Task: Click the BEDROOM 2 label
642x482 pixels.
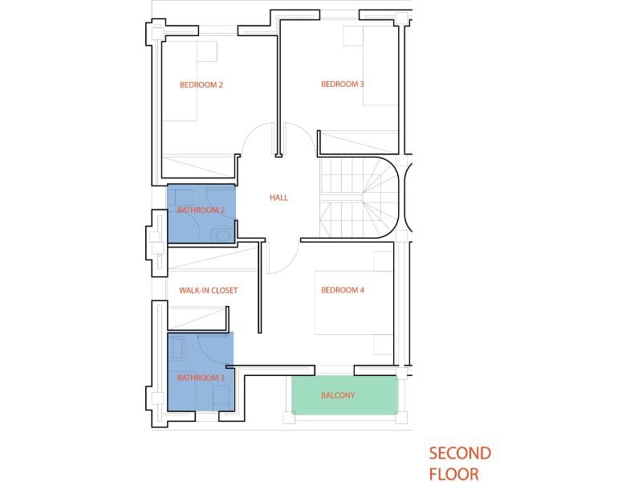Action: click(201, 84)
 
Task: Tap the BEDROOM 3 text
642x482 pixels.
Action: click(343, 84)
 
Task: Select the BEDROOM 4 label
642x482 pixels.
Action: click(343, 290)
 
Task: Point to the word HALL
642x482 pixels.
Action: click(278, 198)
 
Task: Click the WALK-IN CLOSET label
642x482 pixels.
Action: click(208, 290)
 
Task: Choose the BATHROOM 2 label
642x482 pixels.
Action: click(201, 210)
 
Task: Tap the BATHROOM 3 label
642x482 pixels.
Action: click(201, 377)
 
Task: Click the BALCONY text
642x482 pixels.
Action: click(338, 395)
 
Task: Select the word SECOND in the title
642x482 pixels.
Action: click(460, 454)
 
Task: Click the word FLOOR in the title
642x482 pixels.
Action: click(454, 473)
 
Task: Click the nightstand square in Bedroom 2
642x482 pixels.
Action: click(207, 51)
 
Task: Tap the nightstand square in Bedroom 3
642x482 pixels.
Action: click(353, 36)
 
